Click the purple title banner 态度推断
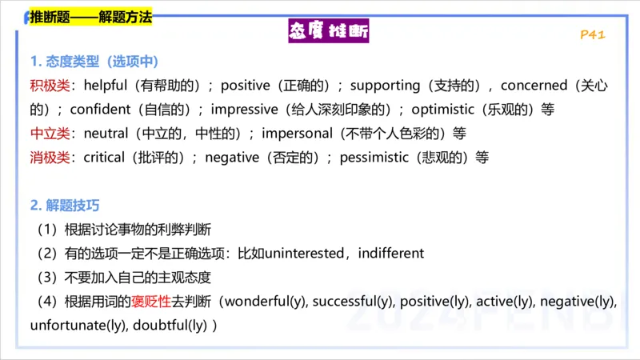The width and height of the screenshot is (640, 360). [x=328, y=33]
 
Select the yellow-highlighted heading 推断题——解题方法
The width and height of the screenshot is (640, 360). [x=90, y=16]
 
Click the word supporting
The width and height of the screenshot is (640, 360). [x=385, y=85]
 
